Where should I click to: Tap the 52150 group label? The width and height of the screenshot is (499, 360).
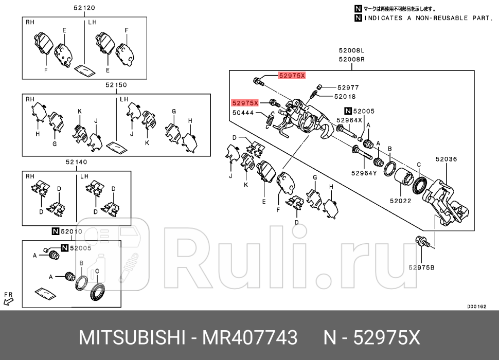point(116,85)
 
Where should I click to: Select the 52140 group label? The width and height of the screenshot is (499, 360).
point(76,161)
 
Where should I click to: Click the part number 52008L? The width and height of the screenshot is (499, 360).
point(351,50)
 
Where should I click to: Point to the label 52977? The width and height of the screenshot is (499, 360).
point(348,88)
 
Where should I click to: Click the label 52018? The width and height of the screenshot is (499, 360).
point(345,96)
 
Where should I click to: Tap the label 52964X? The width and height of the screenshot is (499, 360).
point(350,120)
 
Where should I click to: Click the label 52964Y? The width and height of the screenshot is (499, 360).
point(365,173)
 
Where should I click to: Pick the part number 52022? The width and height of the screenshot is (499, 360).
point(400,201)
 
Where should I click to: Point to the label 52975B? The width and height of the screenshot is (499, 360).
point(422,267)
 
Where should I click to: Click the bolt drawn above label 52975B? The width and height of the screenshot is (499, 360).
point(422,241)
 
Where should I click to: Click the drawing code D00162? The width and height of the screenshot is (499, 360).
point(476,307)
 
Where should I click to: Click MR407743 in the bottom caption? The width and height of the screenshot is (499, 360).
point(249,338)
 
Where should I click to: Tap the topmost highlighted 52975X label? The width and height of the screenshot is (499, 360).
point(292,75)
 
